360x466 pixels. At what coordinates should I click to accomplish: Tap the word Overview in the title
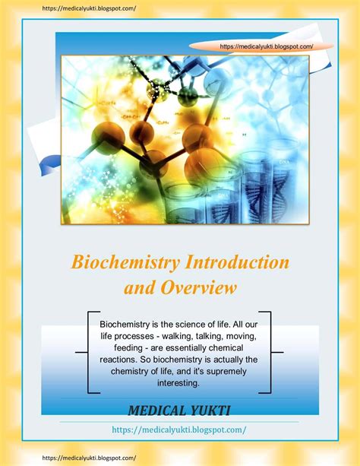click(197, 288)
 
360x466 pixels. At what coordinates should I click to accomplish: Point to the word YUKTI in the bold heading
click(213, 411)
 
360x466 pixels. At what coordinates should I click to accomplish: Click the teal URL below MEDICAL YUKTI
click(179, 429)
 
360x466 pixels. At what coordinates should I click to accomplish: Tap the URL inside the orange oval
click(266, 46)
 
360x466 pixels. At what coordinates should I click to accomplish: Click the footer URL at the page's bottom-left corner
click(78, 458)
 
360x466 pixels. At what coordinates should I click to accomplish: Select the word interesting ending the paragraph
click(179, 383)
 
